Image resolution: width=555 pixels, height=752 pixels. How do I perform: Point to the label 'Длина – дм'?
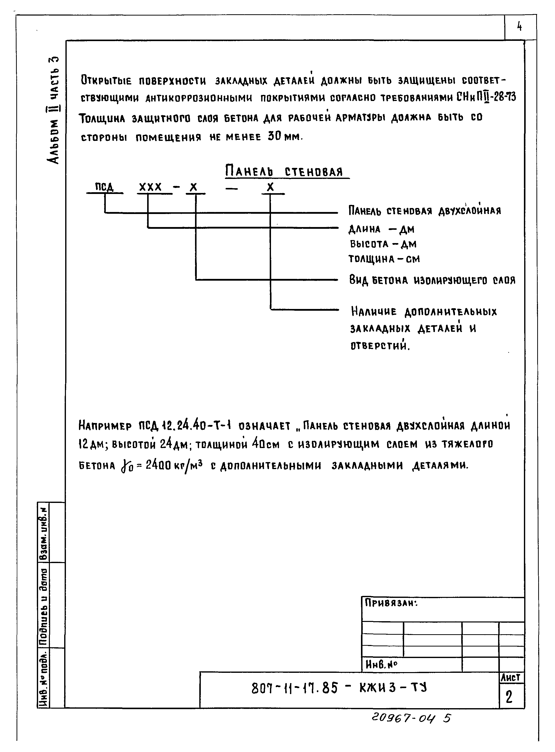(x=381, y=229)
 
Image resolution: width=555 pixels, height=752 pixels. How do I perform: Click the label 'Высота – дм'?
(x=383, y=244)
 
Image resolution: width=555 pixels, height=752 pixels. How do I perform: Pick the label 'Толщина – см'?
(x=384, y=259)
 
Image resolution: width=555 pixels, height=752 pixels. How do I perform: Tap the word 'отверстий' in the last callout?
(x=380, y=346)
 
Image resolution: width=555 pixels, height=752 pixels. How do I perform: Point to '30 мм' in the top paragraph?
(x=284, y=137)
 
